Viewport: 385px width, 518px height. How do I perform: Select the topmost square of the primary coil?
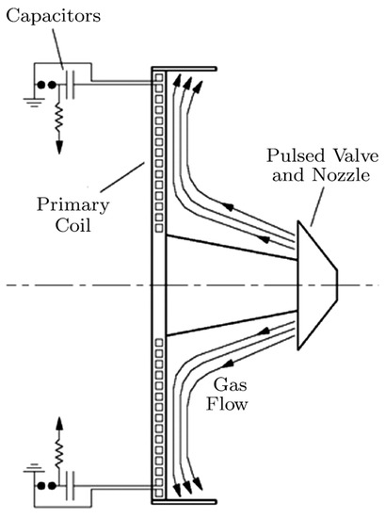point(159,75)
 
